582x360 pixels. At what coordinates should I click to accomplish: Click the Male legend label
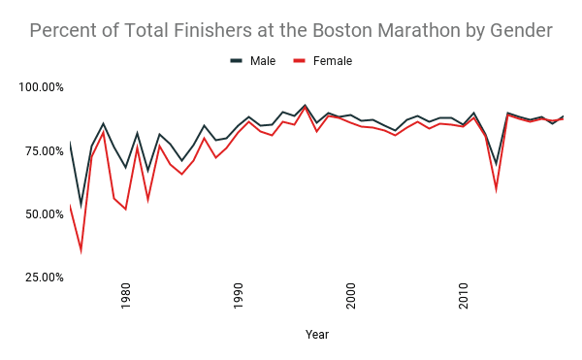(x=263, y=61)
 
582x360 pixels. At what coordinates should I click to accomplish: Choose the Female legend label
(x=332, y=61)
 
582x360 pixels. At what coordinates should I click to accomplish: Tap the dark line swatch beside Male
(x=236, y=61)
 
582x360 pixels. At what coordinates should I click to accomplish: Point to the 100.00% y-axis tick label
(x=42, y=87)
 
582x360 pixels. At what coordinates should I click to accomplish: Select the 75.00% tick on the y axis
(x=45, y=150)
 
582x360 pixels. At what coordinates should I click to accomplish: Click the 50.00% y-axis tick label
(x=45, y=213)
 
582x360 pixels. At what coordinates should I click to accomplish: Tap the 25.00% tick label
(x=45, y=277)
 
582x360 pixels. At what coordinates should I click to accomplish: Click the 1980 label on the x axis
(x=126, y=297)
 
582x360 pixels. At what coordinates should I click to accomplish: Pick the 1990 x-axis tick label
(x=239, y=297)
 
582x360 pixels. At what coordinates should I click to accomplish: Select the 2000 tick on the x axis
(x=351, y=297)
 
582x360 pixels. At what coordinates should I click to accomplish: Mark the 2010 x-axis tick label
(x=464, y=297)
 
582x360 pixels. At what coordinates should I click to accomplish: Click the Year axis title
(x=317, y=335)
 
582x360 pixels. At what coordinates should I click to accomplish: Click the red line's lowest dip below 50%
(x=81, y=251)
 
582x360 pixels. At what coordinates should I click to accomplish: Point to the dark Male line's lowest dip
(x=81, y=204)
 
